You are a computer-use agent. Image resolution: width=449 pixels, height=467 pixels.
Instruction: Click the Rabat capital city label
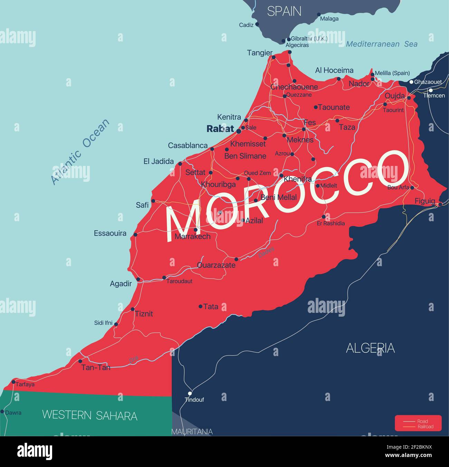[x=220, y=129]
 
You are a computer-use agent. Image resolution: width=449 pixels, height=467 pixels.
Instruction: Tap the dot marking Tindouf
[x=190, y=393]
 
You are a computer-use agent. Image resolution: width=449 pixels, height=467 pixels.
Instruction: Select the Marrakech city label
[x=192, y=237]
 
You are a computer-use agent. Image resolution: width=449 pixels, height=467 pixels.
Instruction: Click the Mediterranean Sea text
[x=382, y=44]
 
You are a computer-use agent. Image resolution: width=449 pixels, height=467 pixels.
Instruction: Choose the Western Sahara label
[x=89, y=415]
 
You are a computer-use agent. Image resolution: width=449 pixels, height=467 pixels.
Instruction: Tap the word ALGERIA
[x=370, y=348]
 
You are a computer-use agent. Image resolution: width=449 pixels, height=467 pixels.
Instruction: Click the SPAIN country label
[x=284, y=11]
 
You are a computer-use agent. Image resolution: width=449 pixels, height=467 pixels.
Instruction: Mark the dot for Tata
[x=200, y=306]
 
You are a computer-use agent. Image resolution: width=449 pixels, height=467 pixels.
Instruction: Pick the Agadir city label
[x=121, y=284]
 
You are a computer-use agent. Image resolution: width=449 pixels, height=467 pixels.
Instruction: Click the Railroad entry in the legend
[x=425, y=427]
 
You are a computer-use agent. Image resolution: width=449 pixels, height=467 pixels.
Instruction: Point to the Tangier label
[x=260, y=53]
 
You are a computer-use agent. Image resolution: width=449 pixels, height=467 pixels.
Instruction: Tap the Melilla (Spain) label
[x=392, y=73]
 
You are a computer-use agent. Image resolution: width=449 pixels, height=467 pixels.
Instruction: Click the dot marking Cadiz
[x=257, y=25]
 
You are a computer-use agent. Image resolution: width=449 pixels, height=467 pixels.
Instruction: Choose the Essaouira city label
[x=110, y=233]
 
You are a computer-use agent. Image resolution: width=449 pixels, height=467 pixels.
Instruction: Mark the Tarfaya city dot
[x=13, y=382]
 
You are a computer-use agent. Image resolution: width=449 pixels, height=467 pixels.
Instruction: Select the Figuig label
[x=425, y=201]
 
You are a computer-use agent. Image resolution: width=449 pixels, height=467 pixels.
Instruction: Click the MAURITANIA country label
[x=192, y=431]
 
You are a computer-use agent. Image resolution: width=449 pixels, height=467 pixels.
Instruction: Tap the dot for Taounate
[x=316, y=107]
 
